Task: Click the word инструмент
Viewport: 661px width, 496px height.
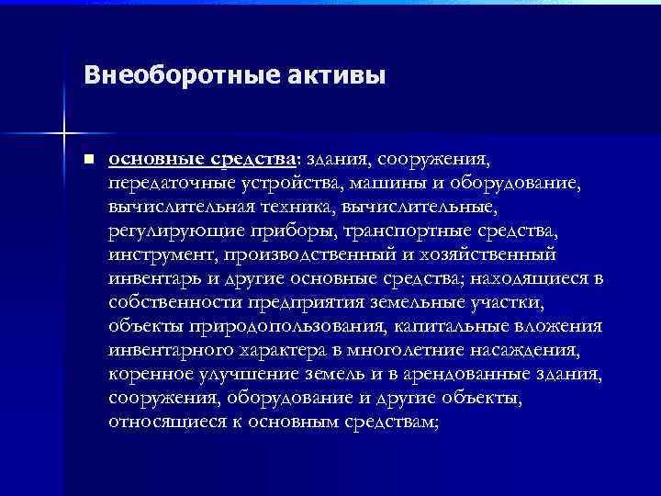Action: (x=152, y=254)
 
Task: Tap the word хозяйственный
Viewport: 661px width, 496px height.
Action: (x=488, y=254)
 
